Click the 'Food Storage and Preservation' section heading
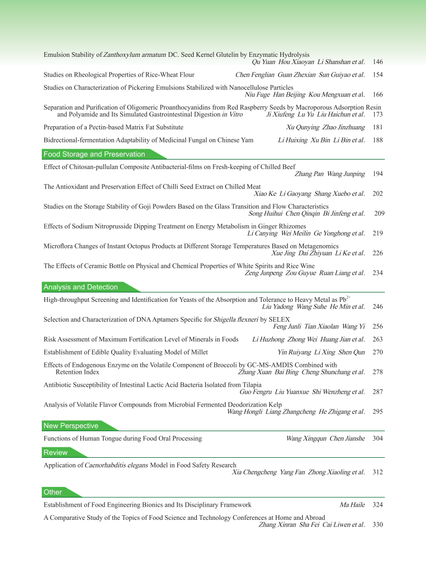[94, 154]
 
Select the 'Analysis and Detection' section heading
[81, 287]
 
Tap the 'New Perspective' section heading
[71, 426]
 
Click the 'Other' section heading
[53, 492]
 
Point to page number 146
[378, 62]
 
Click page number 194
[378, 174]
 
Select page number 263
[378, 339]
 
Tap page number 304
[378, 438]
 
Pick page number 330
[378, 525]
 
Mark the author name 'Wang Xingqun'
[305, 438]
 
